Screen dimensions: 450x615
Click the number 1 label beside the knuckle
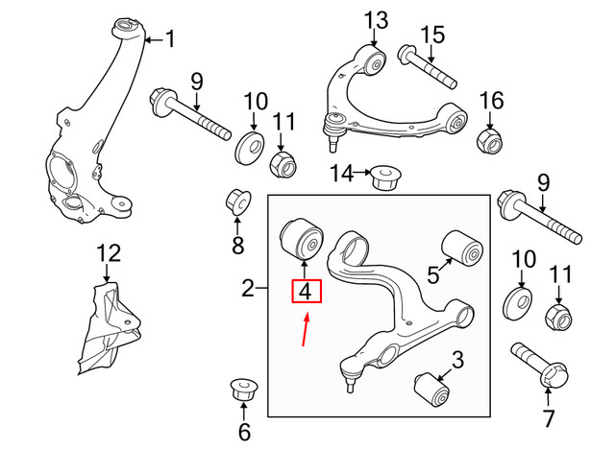click(x=171, y=39)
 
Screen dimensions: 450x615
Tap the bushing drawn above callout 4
click(x=303, y=238)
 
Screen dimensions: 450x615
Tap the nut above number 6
click(x=243, y=392)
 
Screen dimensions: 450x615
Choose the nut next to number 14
click(x=384, y=177)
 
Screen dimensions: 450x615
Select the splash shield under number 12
click(x=109, y=328)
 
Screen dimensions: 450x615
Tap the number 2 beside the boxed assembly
click(x=247, y=287)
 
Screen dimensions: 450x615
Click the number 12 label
click(x=110, y=253)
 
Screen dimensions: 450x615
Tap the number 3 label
click(x=456, y=362)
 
